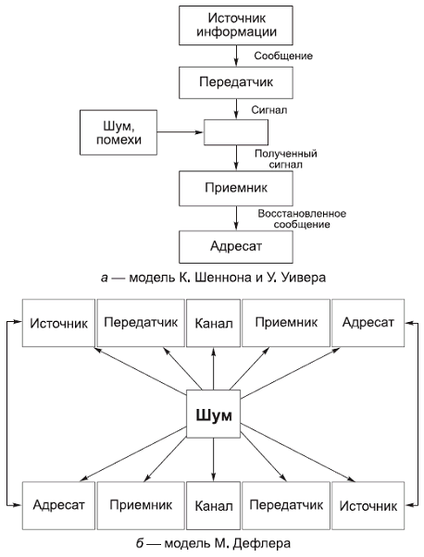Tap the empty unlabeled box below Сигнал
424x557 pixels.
pyautogui.click(x=235, y=133)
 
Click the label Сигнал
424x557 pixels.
pyautogui.click(x=269, y=108)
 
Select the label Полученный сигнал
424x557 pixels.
pyautogui.click(x=286, y=158)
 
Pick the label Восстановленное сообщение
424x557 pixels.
pyautogui.click(x=302, y=219)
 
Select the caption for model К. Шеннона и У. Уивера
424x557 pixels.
pyautogui.click(x=212, y=276)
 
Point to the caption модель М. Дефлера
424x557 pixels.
pyautogui.click(x=212, y=541)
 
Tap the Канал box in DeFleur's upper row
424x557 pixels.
pyautogui.click(x=213, y=324)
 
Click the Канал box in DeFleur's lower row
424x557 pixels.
pyautogui.click(x=213, y=506)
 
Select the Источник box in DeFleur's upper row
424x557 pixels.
pyautogui.click(x=57, y=324)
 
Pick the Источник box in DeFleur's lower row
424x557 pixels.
pyautogui.click(x=368, y=506)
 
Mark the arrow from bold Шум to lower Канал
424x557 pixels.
pyautogui.click(x=213, y=458)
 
